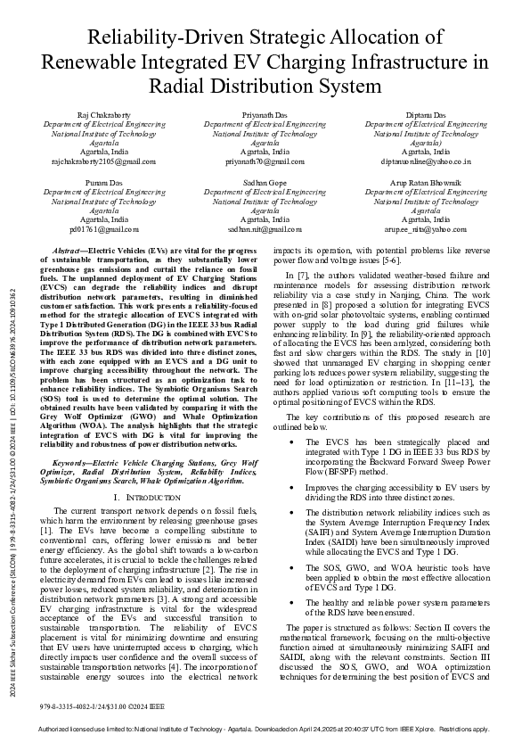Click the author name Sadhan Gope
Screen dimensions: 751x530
pyautogui.click(x=265, y=182)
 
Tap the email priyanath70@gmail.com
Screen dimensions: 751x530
pyautogui.click(x=265, y=161)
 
